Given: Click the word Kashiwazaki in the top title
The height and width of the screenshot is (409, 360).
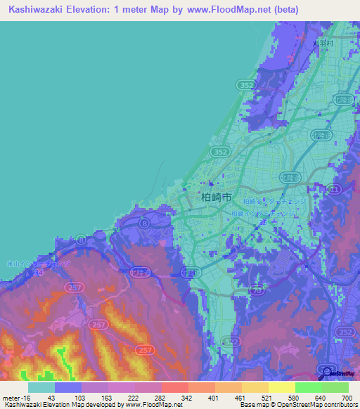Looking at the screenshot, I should [x=36, y=10].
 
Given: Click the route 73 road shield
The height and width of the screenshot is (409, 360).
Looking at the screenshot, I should [x=257, y=290].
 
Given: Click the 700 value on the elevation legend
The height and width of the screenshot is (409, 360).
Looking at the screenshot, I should [x=345, y=398].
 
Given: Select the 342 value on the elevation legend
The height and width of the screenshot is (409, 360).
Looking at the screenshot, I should [x=188, y=398].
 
